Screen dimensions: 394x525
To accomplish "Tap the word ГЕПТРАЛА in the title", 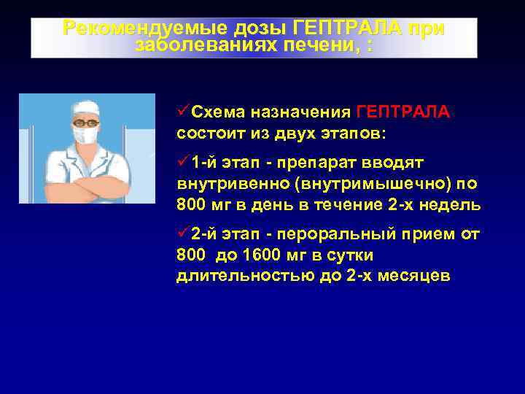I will [x=346, y=28].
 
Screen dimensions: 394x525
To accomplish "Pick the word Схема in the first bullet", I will [x=219, y=113].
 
